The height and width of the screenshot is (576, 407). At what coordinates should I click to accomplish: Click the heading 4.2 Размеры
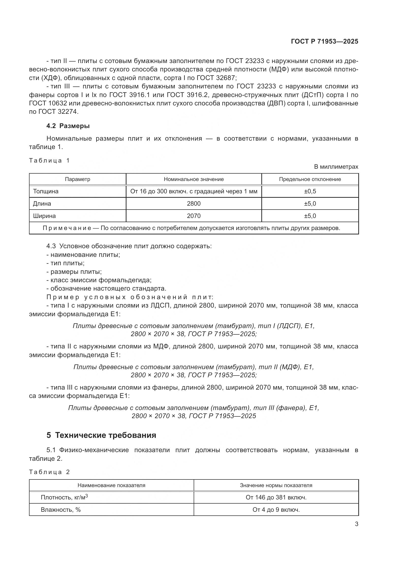pos(68,126)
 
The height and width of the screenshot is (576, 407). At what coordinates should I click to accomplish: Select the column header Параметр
pos(78,179)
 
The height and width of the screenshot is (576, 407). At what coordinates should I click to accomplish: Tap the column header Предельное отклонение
pos(310,179)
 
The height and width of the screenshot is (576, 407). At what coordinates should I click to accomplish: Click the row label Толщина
pos(46,191)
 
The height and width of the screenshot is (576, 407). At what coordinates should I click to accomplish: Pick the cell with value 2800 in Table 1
pos(193,203)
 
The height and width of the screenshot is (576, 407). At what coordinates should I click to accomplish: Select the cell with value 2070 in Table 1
pos(193,216)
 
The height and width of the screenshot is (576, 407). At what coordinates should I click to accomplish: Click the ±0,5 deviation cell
pos(310,191)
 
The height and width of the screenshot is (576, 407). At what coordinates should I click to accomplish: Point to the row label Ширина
pos(44,216)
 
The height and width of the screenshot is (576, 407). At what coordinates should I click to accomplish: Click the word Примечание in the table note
pos(67,228)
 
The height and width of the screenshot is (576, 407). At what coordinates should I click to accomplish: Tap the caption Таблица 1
pos(49,161)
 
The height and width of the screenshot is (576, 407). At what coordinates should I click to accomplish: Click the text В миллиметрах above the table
pos(336,166)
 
